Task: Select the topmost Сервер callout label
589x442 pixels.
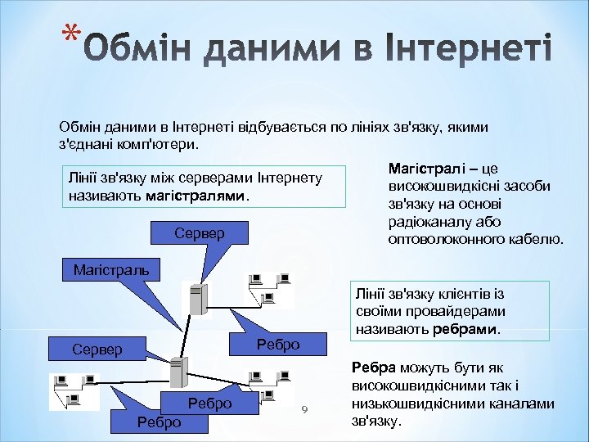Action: [199, 234]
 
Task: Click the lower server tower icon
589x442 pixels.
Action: [176, 373]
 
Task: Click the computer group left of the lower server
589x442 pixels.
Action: [74, 391]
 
